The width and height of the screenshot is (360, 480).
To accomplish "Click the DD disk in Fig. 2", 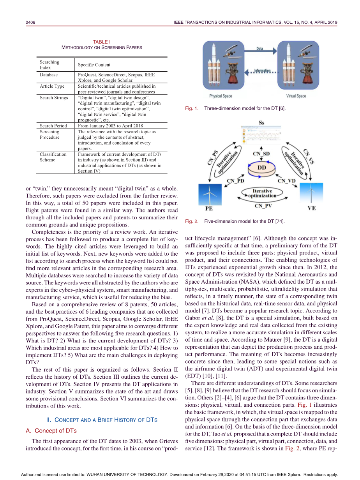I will pos(262,168).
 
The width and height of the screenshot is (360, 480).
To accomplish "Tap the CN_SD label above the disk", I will pos(261,154).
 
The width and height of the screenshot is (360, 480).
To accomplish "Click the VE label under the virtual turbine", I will pos(312,208).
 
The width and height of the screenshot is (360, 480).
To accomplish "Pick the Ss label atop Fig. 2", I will pos(261,123).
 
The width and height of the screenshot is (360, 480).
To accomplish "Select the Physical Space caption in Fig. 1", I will pos(221,96).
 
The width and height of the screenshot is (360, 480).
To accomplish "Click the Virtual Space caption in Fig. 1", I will pos(296,96).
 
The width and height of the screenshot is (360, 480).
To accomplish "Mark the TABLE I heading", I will pos(102,42).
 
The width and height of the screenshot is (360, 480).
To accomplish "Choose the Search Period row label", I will pos(53,126).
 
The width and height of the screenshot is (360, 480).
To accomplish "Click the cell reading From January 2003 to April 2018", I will pos(110,126).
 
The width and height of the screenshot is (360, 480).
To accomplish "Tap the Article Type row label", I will pos(52,86).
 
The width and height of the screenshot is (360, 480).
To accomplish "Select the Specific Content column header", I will pos(94,65).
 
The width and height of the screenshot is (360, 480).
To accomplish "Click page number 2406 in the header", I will pos(31,22).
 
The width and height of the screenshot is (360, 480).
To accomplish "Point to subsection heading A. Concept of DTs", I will pos(51,431).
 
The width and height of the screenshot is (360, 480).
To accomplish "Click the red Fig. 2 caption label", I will pos(192,221).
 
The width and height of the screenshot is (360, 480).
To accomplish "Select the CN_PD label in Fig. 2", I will pos(236,181).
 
